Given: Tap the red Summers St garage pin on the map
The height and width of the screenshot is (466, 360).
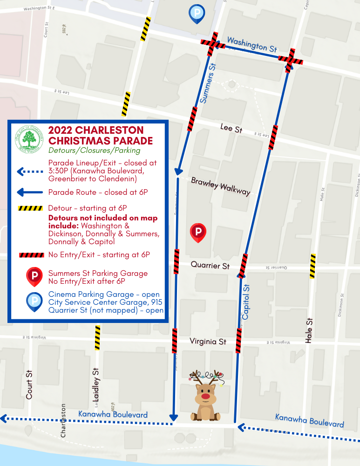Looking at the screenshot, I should point(198,232).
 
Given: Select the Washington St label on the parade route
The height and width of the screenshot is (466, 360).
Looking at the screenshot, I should point(252,45).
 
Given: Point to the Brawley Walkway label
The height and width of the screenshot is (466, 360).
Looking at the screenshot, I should point(220,185).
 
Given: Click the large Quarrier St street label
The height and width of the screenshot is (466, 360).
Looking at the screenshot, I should point(210,266).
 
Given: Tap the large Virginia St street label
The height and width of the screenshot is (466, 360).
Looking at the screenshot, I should point(208,342).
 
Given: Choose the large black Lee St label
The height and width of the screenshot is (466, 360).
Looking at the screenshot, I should point(231,129).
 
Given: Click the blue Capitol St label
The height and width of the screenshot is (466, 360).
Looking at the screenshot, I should point(246,302).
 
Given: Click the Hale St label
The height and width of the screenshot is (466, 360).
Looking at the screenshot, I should point(308,331).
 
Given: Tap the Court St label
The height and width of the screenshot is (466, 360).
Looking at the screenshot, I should point(29,385).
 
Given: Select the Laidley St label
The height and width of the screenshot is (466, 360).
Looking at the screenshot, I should point(96,385).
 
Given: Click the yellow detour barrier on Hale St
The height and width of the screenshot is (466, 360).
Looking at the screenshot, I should point(313,266).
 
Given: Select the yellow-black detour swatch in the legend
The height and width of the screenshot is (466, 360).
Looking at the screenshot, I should point(31,208).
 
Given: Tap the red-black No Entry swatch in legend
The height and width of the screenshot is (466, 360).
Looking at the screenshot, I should point(31,255).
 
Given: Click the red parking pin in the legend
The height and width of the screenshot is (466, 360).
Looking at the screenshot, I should point(34,276).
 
